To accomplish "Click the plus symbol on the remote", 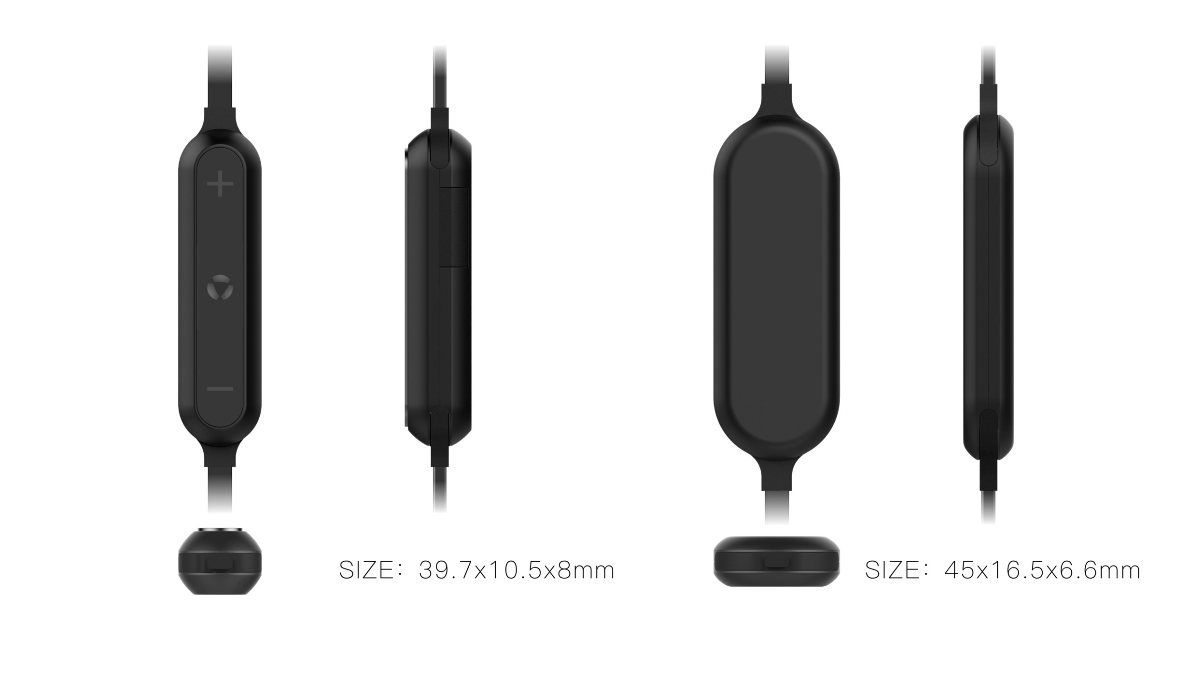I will tap(220, 183).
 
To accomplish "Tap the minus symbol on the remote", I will tap(220, 388).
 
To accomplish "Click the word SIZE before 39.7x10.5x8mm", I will tap(366, 570).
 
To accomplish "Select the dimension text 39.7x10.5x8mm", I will tap(517, 570).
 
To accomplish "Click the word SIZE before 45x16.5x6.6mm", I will tap(892, 570).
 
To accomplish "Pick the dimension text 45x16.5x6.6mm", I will tap(1042, 570).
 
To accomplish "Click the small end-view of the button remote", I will tap(220, 562).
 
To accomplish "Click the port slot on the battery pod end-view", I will tap(777, 563).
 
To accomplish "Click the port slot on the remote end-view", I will tap(220, 566).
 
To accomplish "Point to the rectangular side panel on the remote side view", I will tap(454, 227).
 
